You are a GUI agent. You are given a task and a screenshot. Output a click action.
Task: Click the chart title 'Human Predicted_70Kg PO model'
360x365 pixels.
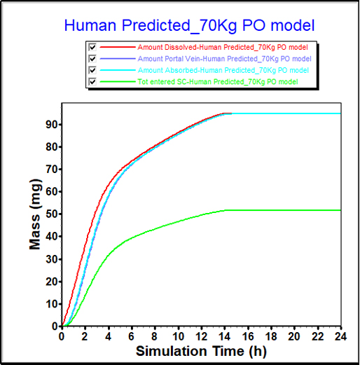click(x=189, y=26)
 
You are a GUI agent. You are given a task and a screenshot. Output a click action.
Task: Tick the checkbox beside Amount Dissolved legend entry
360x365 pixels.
click(x=92, y=48)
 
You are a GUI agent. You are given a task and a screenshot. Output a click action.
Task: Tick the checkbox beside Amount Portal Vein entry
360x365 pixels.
click(x=92, y=59)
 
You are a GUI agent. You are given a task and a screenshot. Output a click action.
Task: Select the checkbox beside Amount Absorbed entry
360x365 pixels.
click(x=92, y=70)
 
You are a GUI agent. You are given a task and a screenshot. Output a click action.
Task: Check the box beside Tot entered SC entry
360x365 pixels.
click(x=92, y=82)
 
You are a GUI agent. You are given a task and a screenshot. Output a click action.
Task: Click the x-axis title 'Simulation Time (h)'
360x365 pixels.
click(x=201, y=350)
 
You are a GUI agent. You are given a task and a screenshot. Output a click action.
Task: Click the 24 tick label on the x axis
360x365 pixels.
click(x=340, y=335)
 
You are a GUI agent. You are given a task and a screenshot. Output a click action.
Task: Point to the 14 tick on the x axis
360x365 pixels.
click(x=224, y=335)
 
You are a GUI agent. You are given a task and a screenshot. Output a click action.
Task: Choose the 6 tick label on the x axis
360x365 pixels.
click(x=131, y=335)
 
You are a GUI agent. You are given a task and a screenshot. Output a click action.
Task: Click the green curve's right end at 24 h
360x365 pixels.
click(x=340, y=210)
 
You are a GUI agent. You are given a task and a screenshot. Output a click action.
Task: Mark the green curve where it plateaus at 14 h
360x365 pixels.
click(x=224, y=210)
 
